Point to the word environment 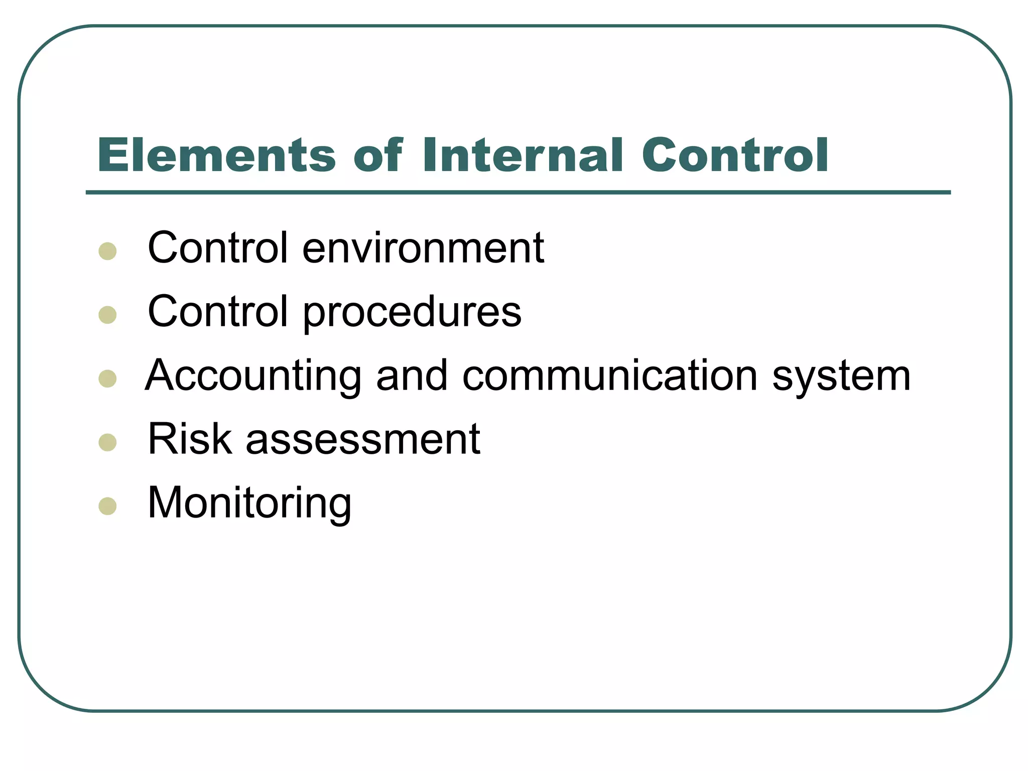point(423,248)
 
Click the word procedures point(412,312)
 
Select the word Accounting point(253,376)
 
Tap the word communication point(609,376)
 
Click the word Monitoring point(249,503)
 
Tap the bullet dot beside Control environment point(108,251)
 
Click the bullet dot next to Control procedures point(108,315)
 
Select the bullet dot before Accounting point(108,378)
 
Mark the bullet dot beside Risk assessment point(108,442)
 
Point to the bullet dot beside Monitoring point(108,506)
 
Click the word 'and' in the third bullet point(412,376)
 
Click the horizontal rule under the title point(518,192)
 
